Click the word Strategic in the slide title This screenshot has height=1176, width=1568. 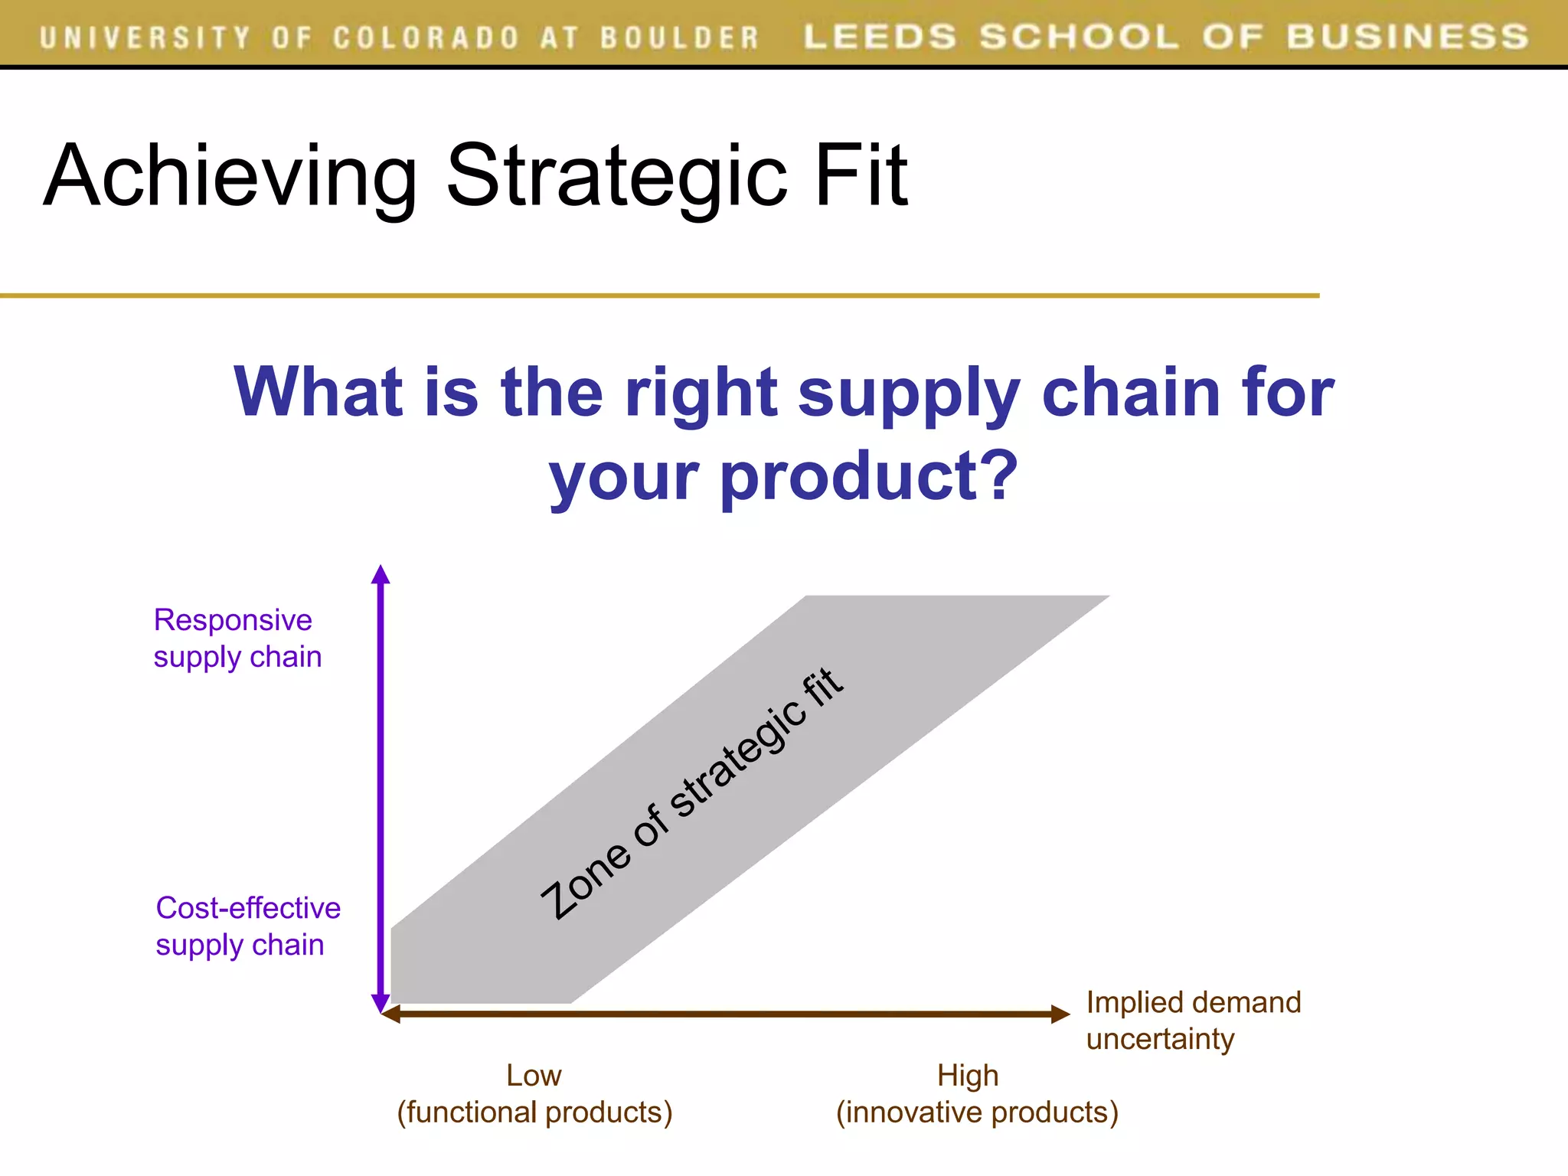[616, 178]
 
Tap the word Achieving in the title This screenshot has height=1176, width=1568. [230, 178]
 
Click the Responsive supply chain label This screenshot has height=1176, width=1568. [237, 639]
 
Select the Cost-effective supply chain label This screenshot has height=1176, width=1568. [247, 926]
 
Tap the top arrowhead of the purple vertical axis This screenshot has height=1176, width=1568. [381, 574]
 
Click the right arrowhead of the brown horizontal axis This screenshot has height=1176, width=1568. [1061, 1014]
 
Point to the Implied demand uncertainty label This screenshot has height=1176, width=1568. [1192, 1021]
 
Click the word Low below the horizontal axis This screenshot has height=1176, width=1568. [534, 1076]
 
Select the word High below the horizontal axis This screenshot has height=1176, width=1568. [968, 1076]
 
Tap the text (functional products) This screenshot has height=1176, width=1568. [534, 1112]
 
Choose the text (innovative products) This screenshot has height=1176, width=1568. [977, 1112]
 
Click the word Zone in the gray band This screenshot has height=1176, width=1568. [586, 880]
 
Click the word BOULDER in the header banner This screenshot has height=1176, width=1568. [678, 38]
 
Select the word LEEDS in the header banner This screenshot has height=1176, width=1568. [880, 37]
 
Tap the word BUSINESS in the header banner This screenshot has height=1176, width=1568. [1407, 37]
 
